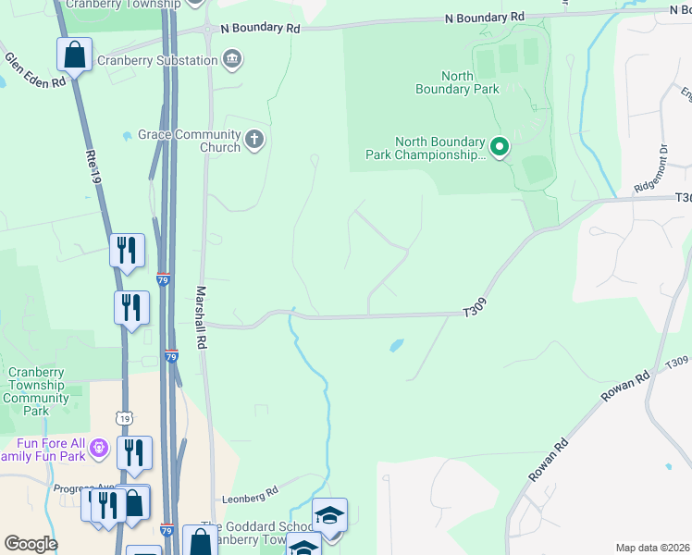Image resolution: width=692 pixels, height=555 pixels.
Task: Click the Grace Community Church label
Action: [189, 141]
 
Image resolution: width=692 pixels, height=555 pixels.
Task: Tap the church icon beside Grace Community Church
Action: [254, 141]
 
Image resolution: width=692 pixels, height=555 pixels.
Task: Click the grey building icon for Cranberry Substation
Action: [232, 60]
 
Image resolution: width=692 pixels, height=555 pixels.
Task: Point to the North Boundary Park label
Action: [458, 82]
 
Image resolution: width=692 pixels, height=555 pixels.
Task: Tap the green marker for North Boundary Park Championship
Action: [500, 147]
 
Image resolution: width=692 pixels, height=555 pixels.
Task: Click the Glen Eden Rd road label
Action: [35, 70]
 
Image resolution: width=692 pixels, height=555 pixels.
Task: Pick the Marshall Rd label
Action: [199, 317]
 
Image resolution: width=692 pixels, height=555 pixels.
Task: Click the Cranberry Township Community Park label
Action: [36, 391]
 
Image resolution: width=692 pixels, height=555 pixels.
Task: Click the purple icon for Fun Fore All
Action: [100, 450]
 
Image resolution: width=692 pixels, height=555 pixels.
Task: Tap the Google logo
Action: [30, 544]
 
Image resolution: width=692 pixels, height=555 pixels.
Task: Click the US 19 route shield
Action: [124, 418]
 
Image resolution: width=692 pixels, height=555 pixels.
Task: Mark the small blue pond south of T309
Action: [396, 346]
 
